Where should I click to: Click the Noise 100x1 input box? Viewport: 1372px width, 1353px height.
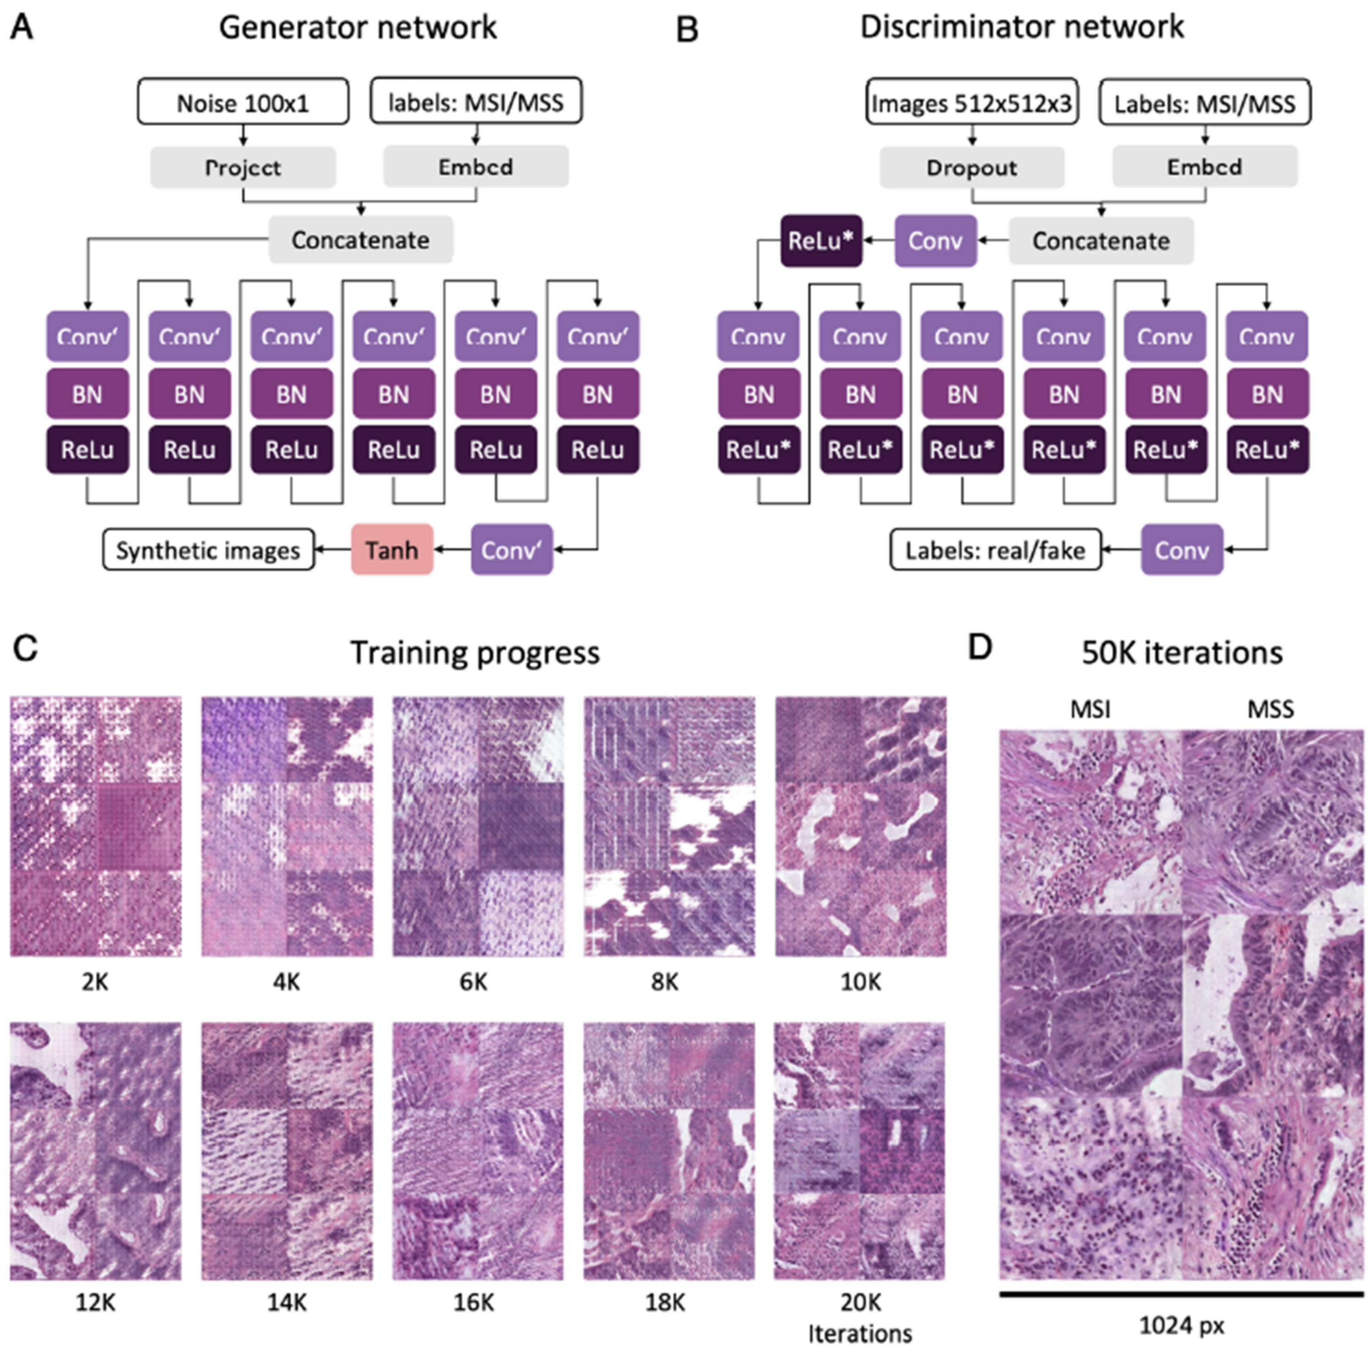243,102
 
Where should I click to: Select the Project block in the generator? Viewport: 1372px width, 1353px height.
243,168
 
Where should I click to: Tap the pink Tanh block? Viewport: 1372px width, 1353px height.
392,549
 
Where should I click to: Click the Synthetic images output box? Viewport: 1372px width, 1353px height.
208,550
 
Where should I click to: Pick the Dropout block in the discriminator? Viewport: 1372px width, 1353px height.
971,168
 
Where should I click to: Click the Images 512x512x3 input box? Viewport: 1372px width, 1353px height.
971,103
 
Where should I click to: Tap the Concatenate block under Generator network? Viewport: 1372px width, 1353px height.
360,240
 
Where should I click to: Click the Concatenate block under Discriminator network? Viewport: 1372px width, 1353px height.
1101,240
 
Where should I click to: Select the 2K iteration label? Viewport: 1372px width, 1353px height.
95,982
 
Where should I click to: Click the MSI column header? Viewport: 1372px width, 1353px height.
1090,709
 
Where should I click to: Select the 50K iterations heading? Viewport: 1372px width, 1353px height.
1182,652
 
